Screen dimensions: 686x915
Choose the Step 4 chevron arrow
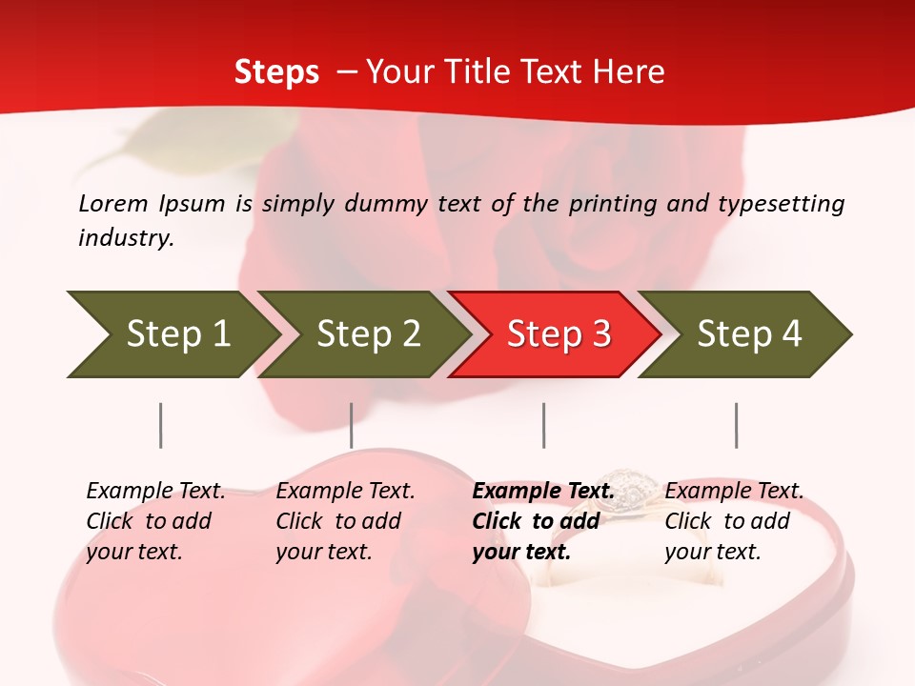(747, 334)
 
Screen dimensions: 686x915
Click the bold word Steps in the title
(276, 72)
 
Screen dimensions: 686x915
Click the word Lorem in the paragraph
(112, 204)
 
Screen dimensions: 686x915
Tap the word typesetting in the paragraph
(781, 204)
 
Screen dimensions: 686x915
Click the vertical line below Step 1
(161, 425)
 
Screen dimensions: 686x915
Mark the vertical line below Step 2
(352, 425)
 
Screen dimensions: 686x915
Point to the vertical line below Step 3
(544, 425)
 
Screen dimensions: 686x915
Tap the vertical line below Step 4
(736, 425)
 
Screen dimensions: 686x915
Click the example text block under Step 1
(155, 521)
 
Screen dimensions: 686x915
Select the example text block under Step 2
(345, 521)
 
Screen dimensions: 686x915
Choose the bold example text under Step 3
(542, 521)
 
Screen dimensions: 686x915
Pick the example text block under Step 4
(734, 521)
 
